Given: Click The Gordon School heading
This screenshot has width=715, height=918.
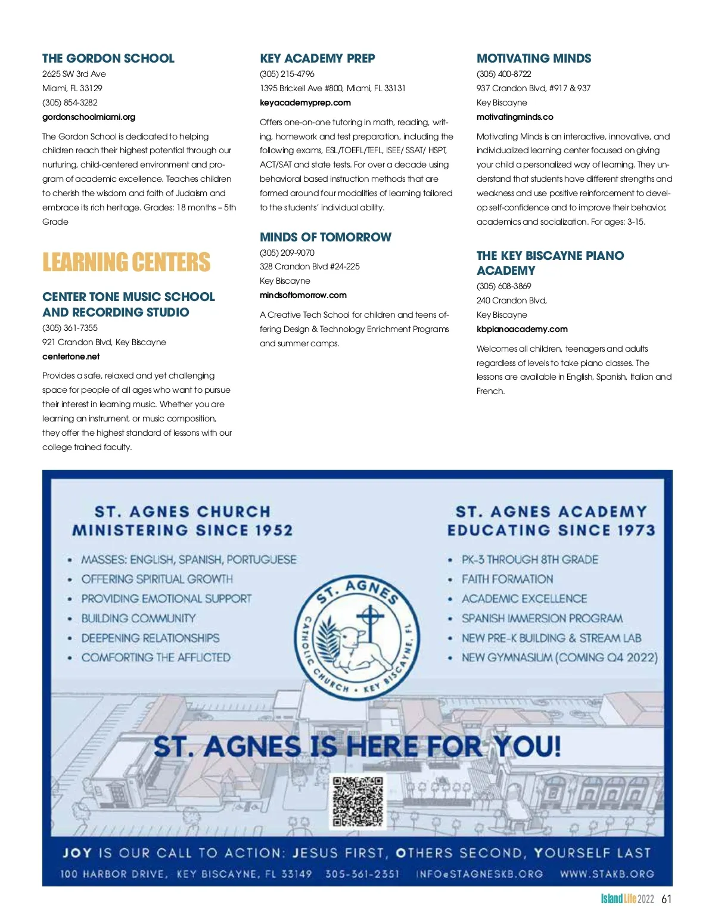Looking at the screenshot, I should click(108, 58).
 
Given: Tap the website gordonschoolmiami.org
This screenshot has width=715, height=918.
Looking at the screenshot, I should click(89, 117).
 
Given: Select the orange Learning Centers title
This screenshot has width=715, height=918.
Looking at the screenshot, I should click(126, 262).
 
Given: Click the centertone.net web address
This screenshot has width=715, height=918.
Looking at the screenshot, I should click(71, 356).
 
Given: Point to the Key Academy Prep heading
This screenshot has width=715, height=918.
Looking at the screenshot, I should click(318, 58).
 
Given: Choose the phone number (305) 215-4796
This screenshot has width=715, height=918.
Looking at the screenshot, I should click(287, 74).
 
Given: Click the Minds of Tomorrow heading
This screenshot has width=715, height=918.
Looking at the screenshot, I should click(325, 237).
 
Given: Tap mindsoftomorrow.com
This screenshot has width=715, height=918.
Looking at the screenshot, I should click(303, 295).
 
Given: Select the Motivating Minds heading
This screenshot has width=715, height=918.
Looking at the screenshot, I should click(534, 58).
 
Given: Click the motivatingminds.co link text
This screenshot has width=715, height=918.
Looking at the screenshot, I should click(515, 117).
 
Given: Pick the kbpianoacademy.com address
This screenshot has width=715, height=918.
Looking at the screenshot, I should click(522, 329).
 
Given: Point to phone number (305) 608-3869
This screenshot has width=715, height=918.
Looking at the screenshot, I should click(504, 286).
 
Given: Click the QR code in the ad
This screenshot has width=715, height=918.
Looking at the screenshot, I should click(358, 802).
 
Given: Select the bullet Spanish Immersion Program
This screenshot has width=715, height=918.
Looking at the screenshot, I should click(542, 618).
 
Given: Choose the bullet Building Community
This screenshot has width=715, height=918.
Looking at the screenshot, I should click(138, 618).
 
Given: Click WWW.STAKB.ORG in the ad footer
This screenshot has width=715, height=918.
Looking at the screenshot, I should click(607, 874).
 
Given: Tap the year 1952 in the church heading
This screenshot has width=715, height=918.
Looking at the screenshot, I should click(269, 531).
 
